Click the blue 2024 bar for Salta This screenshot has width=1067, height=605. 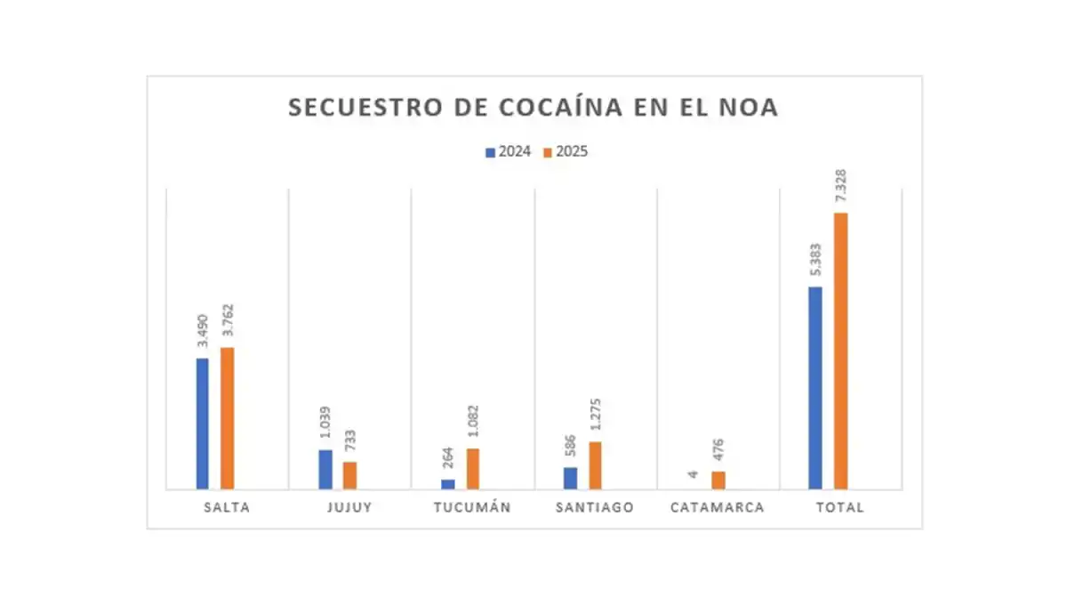click(x=203, y=423)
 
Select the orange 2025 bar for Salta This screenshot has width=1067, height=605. click(x=228, y=418)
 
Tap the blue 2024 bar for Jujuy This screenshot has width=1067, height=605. click(x=325, y=469)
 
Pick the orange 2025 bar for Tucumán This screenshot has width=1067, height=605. click(x=473, y=468)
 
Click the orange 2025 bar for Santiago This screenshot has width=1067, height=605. click(x=595, y=465)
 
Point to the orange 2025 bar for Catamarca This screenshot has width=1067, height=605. click(x=718, y=480)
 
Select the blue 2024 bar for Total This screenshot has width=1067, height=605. click(x=815, y=388)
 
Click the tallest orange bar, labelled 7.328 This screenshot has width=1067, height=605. click(x=840, y=351)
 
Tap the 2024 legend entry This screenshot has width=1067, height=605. click(x=509, y=151)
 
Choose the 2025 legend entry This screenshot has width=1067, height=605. click(x=566, y=151)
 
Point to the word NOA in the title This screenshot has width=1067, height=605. click(x=750, y=108)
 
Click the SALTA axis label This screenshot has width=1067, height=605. click(x=227, y=507)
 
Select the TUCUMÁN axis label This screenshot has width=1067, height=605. click(x=472, y=507)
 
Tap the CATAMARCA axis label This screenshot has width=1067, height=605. click(x=717, y=507)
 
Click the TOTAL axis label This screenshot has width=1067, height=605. click(x=839, y=507)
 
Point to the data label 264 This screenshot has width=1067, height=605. click(x=447, y=460)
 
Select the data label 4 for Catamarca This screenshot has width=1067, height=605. click(x=694, y=474)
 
